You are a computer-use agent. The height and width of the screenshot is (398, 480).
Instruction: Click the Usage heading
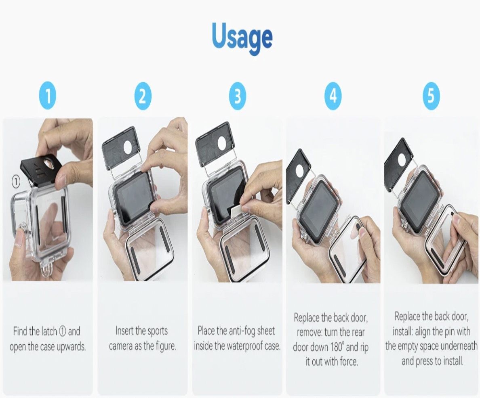point(242,38)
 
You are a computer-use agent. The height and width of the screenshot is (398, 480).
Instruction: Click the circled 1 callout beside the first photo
point(15,182)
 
